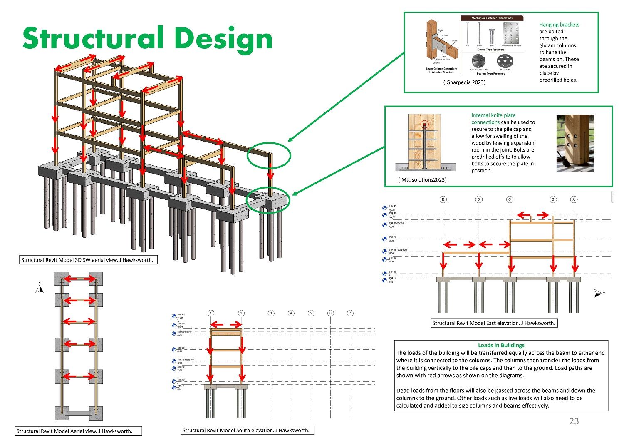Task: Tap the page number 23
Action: (x=574, y=421)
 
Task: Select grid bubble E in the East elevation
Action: (x=443, y=199)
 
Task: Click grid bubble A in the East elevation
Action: (x=574, y=199)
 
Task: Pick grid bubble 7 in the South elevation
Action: (x=350, y=313)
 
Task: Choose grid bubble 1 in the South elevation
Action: (x=211, y=313)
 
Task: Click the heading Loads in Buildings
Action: (x=501, y=345)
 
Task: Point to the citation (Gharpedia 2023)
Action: (x=464, y=82)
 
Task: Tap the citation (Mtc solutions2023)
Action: (x=422, y=180)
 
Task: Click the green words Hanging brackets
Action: (x=559, y=25)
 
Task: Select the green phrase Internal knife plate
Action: (x=493, y=115)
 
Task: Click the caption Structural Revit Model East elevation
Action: (x=493, y=323)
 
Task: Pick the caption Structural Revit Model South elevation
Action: (x=246, y=431)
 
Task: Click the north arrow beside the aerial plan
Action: (x=40, y=288)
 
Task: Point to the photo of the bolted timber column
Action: (x=575, y=143)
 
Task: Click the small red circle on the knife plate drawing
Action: (x=424, y=124)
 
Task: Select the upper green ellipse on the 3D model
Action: (x=268, y=155)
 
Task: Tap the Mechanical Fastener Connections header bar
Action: (x=492, y=18)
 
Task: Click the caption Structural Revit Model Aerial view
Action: (x=74, y=431)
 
